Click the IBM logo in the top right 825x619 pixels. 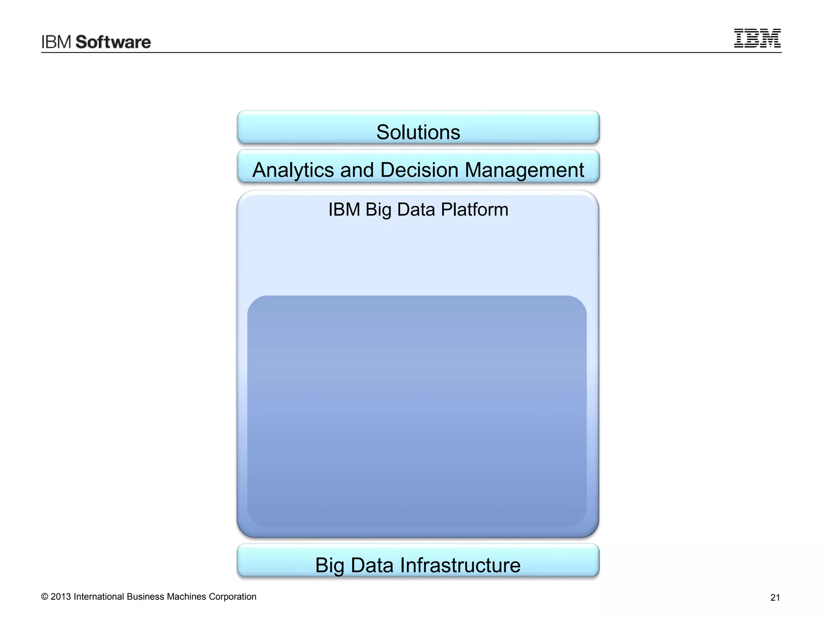point(757,38)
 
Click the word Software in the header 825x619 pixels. point(113,42)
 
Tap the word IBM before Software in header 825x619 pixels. point(56,42)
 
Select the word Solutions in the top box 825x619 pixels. point(418,132)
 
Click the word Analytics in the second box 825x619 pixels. point(293,170)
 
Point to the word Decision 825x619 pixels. point(419,170)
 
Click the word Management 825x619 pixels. point(524,170)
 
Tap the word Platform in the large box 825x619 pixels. point(474,210)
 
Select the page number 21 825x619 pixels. point(775,598)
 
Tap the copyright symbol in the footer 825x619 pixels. point(45,597)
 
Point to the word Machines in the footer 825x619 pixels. point(186,597)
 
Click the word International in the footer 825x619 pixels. point(99,597)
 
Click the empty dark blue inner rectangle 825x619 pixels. point(417,411)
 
